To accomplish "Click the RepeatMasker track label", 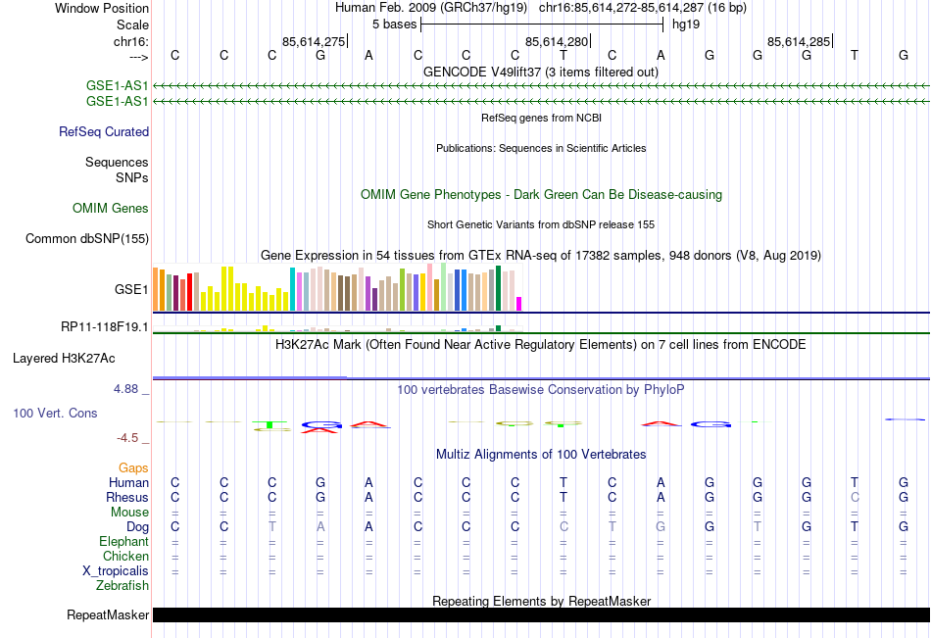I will coord(108,615).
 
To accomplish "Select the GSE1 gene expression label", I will coord(131,290).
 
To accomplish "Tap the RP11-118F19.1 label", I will coord(105,326).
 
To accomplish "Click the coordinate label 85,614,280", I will coord(558,41).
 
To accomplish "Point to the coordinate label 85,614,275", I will coord(314,41).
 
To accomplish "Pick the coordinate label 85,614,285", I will coord(800,41).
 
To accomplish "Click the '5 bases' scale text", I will coord(394,24).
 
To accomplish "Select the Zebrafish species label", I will coord(122,586).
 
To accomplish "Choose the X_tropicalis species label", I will coord(116,571).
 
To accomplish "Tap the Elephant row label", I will coord(123,542).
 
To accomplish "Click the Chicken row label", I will coord(125,557).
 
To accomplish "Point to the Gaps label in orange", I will coord(133,468).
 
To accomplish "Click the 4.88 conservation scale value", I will coord(127,389).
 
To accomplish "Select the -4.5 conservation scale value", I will coord(129,438).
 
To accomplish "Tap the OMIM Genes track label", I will coord(111,208).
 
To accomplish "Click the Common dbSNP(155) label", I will coord(87,238).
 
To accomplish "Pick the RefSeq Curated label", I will coord(104,131).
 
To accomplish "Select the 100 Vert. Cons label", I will coord(55,414).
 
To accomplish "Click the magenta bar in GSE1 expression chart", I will coord(519,304).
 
